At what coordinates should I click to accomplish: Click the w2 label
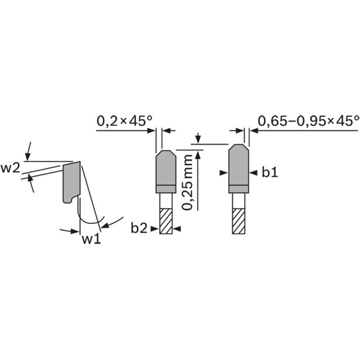pos(11,169)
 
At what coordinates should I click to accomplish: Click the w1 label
pos(91,239)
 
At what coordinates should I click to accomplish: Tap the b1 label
pos(270,173)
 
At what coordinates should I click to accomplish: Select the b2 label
pos(139,228)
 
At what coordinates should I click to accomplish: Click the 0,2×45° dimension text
pos(124,121)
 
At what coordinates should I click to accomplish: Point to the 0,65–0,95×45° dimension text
pos(308,121)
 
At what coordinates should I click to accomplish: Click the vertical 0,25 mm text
pos(187,183)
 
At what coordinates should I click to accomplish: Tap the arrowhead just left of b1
pos(253,173)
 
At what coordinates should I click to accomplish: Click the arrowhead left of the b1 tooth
pos(224,173)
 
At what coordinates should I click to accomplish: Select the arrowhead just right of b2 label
pos(177,229)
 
